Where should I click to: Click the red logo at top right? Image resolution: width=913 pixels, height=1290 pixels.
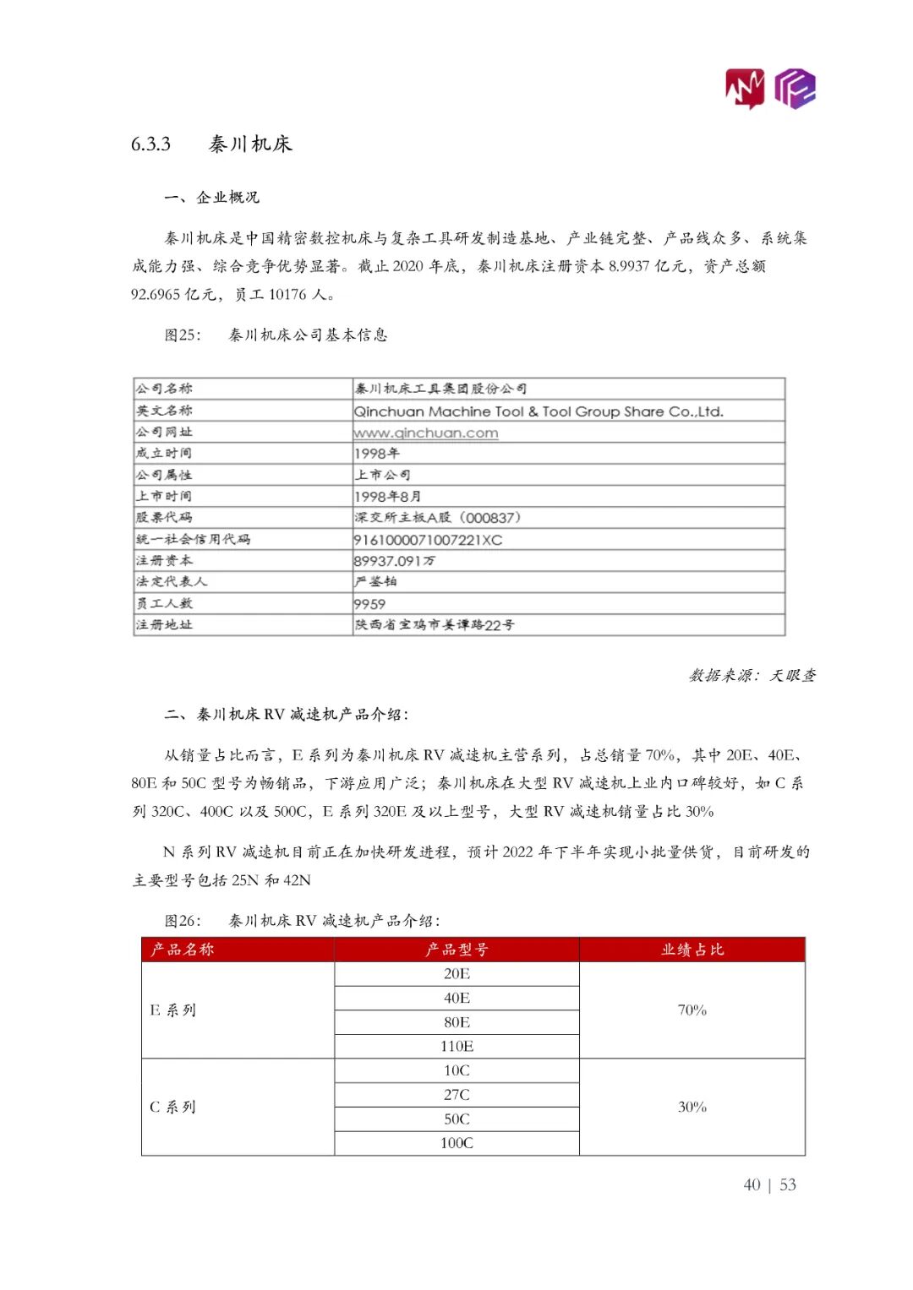coord(745,89)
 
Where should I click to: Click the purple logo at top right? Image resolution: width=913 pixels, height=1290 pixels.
coord(795,88)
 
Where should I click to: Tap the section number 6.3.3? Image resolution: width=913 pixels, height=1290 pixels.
coord(150,144)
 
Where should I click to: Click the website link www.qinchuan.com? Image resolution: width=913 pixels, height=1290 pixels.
coord(426,433)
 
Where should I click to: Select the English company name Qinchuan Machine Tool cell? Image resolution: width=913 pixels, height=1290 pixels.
coord(539,411)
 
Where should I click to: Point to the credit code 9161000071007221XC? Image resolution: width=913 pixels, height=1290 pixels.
coord(428,540)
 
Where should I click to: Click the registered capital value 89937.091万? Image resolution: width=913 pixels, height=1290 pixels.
coord(395,561)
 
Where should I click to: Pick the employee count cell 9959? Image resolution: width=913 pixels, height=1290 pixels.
coord(370,604)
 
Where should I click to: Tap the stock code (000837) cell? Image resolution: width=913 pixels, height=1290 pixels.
coord(438,518)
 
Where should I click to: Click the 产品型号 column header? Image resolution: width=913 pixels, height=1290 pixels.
coord(456,950)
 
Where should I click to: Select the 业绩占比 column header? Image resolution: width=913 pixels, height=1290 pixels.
coord(692,950)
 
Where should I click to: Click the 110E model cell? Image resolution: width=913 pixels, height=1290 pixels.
coord(456,1047)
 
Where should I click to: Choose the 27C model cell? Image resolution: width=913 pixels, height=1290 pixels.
coord(456,1095)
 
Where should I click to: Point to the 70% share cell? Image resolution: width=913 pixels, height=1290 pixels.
coord(692,1010)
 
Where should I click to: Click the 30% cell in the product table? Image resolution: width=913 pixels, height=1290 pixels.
coord(692,1107)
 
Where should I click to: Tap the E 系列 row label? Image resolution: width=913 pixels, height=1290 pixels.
coord(173,1010)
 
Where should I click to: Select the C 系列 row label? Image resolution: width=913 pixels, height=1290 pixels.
coord(173,1107)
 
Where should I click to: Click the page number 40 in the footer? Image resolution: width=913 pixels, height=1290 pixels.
coord(752,1185)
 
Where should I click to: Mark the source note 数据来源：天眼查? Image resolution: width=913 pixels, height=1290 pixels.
coord(752,675)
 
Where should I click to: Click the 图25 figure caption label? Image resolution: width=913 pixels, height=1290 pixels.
coord(183,335)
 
